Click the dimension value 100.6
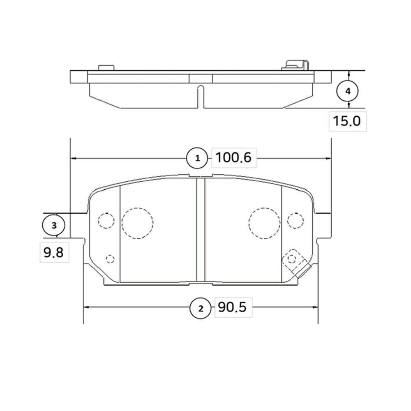point(233,158)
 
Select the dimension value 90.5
point(232,307)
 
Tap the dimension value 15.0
point(346,121)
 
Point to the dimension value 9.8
point(53,253)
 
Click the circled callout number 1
point(197,158)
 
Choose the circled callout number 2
point(201,309)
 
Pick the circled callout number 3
point(53,225)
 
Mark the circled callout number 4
point(348,91)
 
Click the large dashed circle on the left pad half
point(138,223)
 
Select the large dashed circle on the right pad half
point(264,223)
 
